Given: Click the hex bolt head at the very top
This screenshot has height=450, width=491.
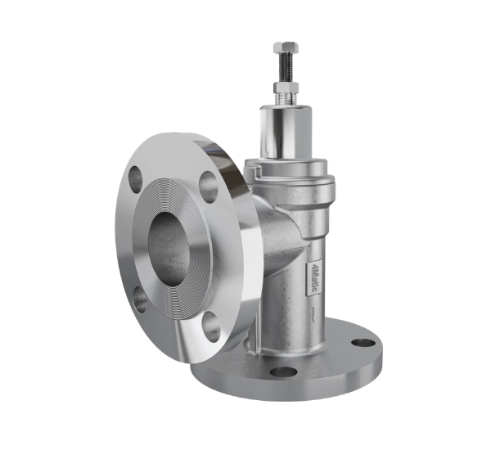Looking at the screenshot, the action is pos(286,47).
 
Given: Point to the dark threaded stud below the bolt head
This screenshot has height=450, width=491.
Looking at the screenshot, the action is pos(286,68).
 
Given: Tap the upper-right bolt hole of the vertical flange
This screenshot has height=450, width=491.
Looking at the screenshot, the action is pos(209,186).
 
